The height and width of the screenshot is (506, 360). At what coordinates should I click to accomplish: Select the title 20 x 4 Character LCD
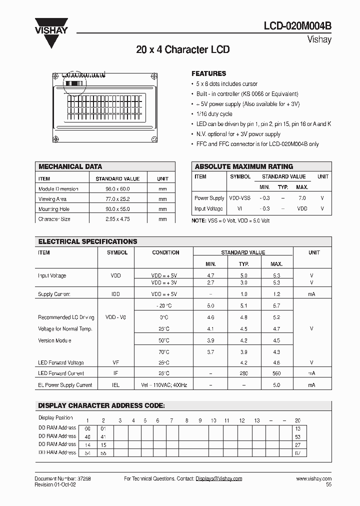182,50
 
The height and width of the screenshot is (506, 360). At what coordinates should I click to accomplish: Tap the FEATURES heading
208,73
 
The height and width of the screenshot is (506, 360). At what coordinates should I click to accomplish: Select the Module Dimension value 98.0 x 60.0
117,189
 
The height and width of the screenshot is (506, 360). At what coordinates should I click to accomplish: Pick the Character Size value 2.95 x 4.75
117,219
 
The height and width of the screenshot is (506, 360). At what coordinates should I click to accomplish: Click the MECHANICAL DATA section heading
70,166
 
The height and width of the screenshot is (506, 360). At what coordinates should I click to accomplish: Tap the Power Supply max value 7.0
302,198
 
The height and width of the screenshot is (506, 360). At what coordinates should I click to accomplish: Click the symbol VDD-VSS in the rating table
240,198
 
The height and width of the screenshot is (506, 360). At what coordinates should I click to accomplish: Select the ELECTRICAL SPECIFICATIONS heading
87,241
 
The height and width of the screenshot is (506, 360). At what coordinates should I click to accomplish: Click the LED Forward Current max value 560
276,373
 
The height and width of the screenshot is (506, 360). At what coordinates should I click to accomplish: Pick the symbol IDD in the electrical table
113,294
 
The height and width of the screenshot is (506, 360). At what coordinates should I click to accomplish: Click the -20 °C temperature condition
164,305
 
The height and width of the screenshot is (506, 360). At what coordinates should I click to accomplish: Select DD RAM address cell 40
88,436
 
